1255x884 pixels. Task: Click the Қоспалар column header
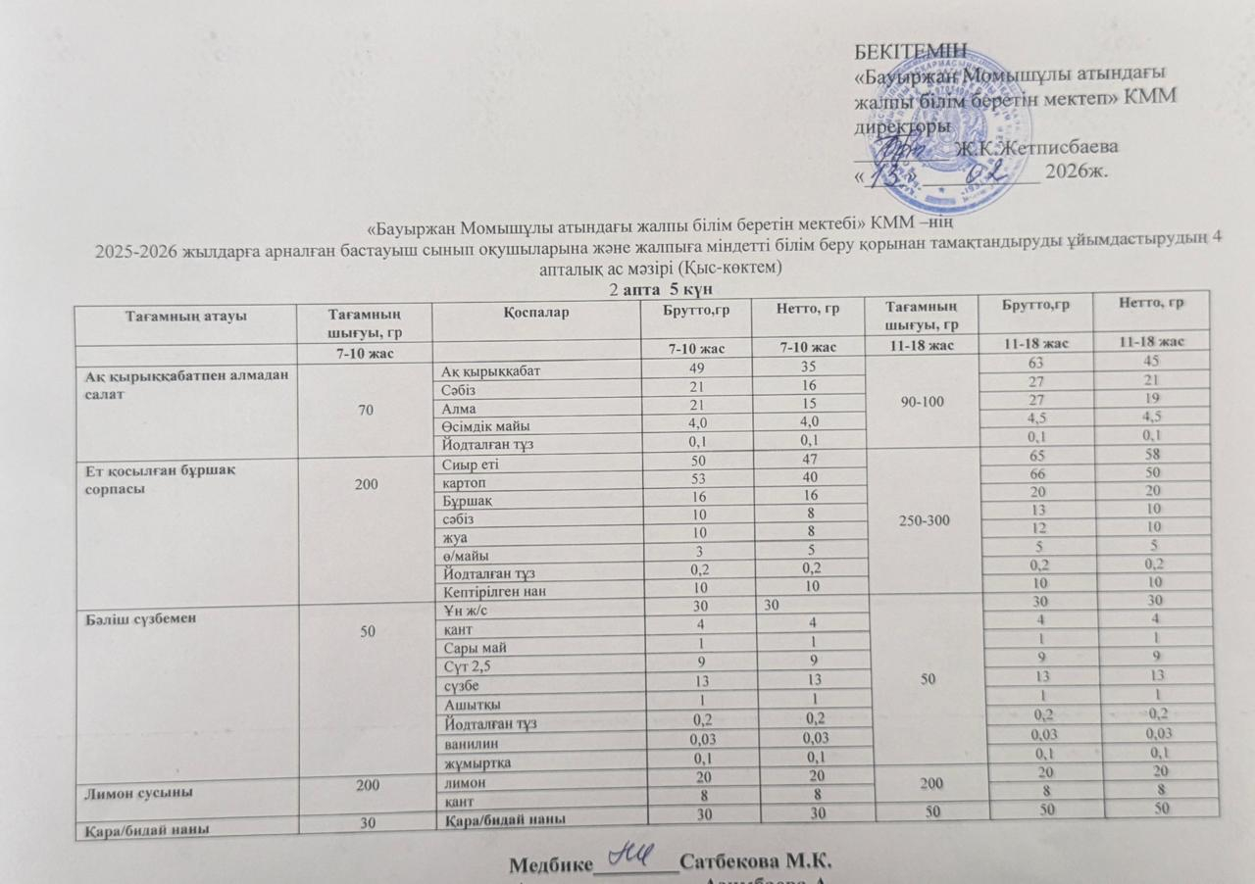pyautogui.click(x=533, y=312)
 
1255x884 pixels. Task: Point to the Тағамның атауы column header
pyautogui.click(x=185, y=316)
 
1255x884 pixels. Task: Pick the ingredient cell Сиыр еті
pyautogui.click(x=471, y=463)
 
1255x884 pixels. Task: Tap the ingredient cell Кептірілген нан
pyautogui.click(x=491, y=591)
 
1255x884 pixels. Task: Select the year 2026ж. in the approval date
pyautogui.click(x=1078, y=172)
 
